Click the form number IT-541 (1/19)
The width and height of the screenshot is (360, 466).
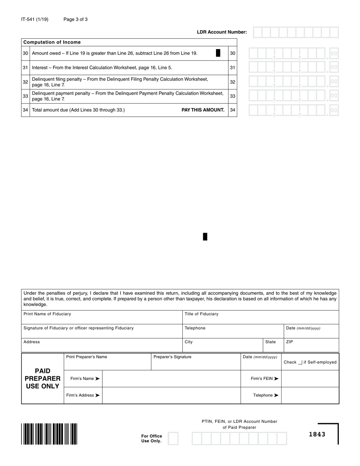click(35, 19)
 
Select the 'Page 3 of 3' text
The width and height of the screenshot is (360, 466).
click(75, 19)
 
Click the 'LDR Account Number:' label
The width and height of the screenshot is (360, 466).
click(222, 32)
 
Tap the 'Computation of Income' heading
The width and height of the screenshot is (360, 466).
click(52, 42)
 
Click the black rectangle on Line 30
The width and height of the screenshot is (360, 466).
click(218, 53)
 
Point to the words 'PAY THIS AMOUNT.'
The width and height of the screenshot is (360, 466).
click(203, 110)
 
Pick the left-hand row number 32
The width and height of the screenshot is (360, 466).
click(25, 82)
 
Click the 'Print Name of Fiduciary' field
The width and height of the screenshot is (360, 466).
click(102, 317)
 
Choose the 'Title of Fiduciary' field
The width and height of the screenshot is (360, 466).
click(260, 317)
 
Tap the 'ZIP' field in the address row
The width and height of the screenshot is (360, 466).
click(311, 345)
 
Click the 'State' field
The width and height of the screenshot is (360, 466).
click(273, 345)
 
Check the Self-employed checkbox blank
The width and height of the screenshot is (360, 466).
click(300, 362)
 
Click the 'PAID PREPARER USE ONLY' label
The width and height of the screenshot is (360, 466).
click(42, 378)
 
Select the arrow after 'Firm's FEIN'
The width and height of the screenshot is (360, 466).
click(276, 378)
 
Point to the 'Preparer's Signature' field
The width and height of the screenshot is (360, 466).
click(196, 361)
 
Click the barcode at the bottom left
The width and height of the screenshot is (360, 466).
click(49, 434)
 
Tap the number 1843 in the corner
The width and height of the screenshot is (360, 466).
click(317, 434)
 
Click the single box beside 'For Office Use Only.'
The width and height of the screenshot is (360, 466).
click(173, 439)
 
